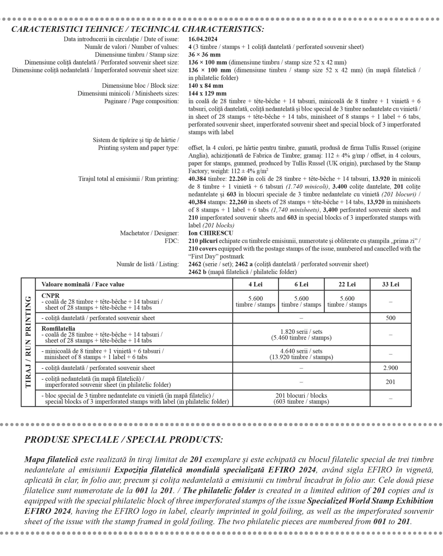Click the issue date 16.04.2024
click(x=203, y=39)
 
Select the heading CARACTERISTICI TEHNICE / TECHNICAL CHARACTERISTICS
click(x=138, y=29)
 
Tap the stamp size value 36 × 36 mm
click(x=204, y=55)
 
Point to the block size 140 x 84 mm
click(x=206, y=86)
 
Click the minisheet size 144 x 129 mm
click(x=207, y=93)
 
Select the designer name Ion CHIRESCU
click(x=211, y=233)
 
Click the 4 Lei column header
click(x=256, y=285)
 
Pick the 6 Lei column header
click(x=301, y=285)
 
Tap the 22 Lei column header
click(x=347, y=285)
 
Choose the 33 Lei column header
click(x=391, y=285)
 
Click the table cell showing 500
click(x=391, y=318)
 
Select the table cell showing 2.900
click(x=391, y=368)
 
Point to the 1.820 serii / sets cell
click(x=301, y=334)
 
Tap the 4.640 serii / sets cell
click(x=301, y=354)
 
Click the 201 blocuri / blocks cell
click(x=301, y=399)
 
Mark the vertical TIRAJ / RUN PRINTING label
click(x=28, y=342)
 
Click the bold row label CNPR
click(x=50, y=295)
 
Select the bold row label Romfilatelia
click(x=58, y=329)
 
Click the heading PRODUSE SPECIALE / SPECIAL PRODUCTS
click(x=124, y=440)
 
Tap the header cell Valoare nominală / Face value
click(x=83, y=285)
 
